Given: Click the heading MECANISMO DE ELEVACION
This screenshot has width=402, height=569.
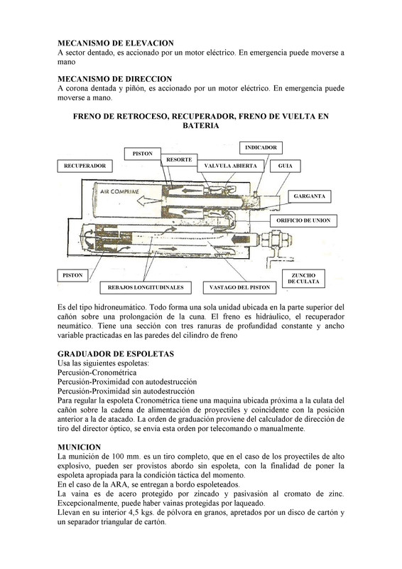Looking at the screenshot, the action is pos(116,43).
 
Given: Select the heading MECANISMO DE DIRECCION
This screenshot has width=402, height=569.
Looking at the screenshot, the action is pos(114,79).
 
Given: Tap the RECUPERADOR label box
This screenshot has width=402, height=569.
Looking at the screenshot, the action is pos(85,166).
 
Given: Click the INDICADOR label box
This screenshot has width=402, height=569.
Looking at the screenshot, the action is pos(261,147).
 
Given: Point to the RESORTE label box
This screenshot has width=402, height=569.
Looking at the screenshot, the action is pos(179,159).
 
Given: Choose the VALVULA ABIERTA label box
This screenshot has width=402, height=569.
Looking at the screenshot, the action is pos(230,166).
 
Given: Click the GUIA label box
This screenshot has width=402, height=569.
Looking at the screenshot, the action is pos(286,166).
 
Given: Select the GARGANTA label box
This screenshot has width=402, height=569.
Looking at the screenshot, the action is pos(310,196).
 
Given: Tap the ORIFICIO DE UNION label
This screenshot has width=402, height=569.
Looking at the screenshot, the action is pos(303,220).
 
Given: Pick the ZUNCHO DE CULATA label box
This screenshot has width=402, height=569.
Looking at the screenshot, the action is pos(303,278).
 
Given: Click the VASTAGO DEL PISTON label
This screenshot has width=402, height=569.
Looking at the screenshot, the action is pos(239,287).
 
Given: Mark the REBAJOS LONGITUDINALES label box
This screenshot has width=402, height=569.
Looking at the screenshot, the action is pos(146,287).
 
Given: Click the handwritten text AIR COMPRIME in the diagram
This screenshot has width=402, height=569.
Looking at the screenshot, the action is pos(119,191).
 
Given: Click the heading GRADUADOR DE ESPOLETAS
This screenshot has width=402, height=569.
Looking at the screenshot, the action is pos(116,353).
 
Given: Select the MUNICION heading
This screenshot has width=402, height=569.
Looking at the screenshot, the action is pos(79,447).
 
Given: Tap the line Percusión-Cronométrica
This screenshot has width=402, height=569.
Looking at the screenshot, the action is pos(97,373).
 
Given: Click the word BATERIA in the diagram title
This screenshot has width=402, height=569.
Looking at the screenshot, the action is pos(201,126).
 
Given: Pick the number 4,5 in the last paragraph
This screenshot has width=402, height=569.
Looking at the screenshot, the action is pos(135,513).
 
